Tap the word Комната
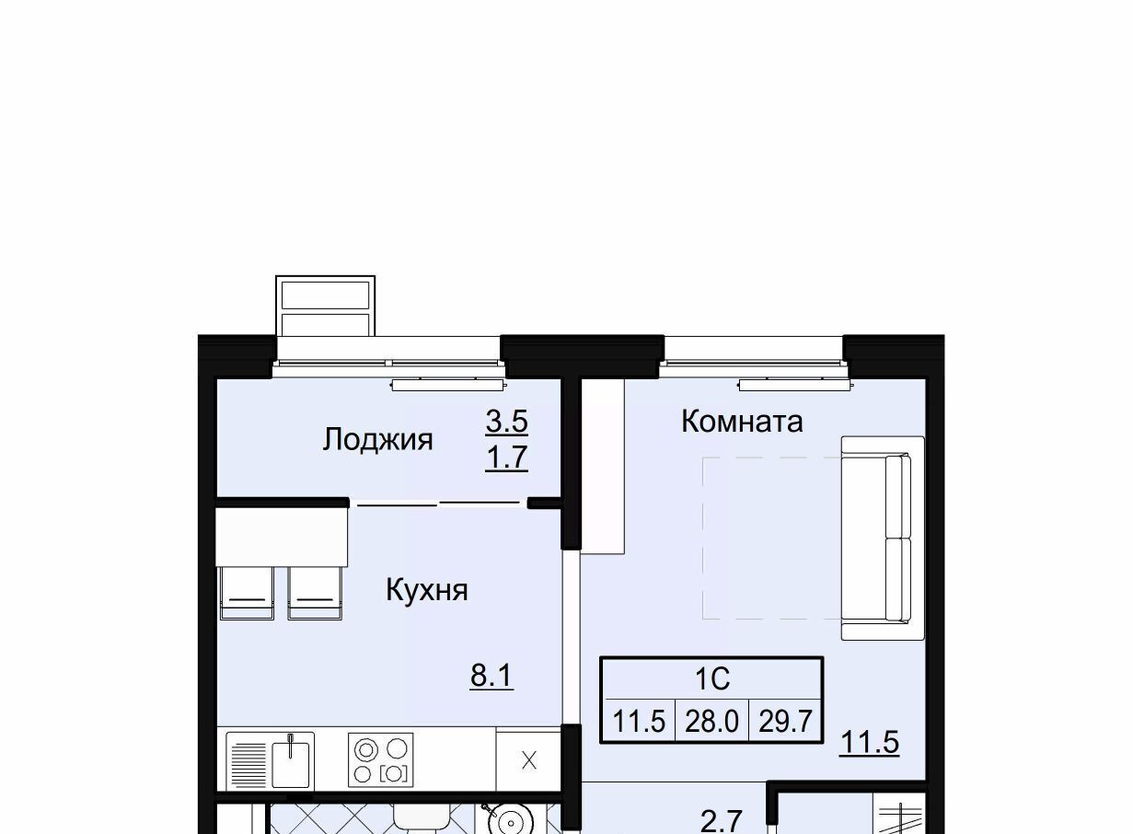pos(742,422)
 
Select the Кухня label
pos(427,590)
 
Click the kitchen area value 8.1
pos(491,675)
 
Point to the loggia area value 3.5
pos(507,421)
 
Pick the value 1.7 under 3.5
pos(507,458)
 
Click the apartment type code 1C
pos(712,678)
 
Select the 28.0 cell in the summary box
pos(711,721)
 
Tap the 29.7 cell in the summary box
pos(785,721)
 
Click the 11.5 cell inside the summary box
pos(639,721)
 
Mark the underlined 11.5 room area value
pos(870,743)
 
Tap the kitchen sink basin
pos(290,764)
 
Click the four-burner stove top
pos(380,759)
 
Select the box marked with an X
pos(528,759)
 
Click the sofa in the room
pos(884,539)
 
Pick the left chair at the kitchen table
pos(247,593)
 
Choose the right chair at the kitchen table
pos(315,593)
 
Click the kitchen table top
pos(282,537)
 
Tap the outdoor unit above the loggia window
pos(325,306)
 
